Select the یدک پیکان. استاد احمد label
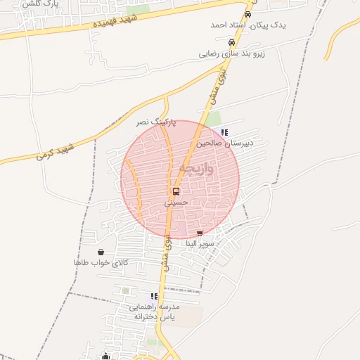(239, 25)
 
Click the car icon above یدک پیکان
(247, 14)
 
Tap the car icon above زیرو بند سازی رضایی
(231, 42)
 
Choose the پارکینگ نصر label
(156, 122)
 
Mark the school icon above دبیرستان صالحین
(224, 132)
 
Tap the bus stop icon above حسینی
(175, 191)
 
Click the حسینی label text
(176, 202)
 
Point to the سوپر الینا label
(200, 243)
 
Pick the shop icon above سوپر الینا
(200, 233)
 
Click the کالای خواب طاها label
(101, 262)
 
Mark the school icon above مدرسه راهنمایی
(154, 297)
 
